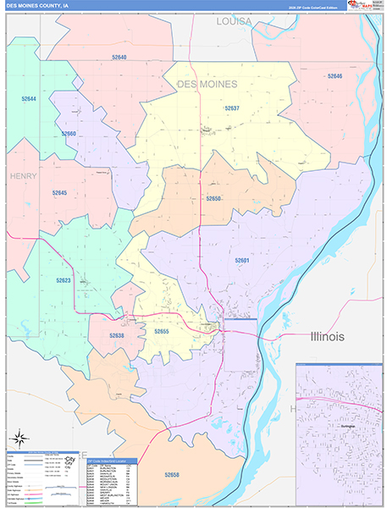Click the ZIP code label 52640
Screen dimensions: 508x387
point(119,58)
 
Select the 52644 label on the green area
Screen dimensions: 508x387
point(29,99)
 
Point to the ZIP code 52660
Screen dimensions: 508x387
point(69,134)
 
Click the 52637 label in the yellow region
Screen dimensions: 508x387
point(232,108)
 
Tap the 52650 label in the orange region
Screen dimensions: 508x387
point(213,198)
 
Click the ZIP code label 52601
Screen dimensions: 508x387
point(242,260)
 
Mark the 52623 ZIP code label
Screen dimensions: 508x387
point(64,280)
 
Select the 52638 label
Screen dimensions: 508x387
point(116,335)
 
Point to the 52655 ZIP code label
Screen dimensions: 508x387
point(162,331)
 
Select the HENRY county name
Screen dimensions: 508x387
point(25,175)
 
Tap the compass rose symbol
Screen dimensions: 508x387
point(19,439)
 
